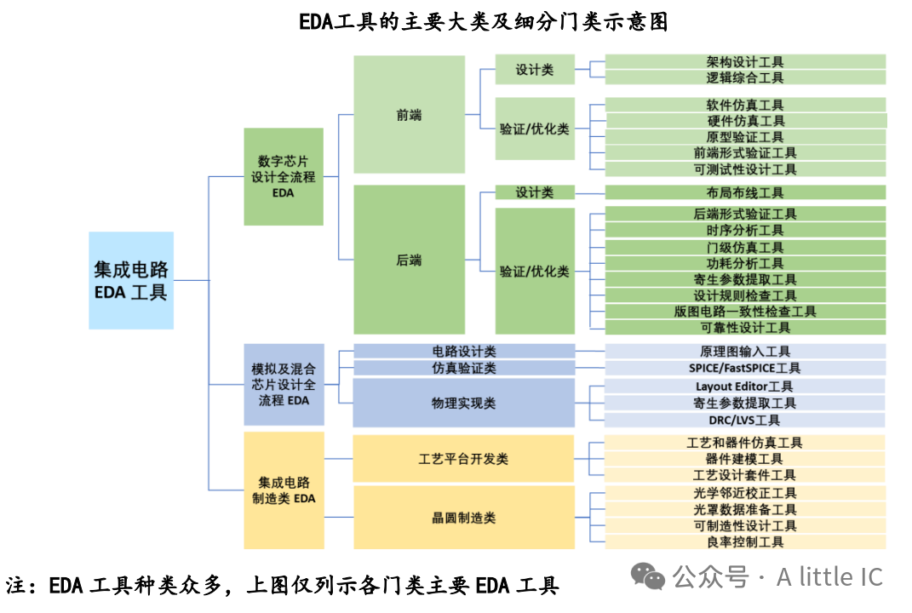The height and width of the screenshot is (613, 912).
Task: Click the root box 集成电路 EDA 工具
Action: (131, 280)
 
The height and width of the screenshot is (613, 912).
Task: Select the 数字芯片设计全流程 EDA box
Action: (284, 176)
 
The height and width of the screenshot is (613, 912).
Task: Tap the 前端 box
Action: (409, 115)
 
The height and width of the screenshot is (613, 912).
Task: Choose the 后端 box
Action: (409, 260)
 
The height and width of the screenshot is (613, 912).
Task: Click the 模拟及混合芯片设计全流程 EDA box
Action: (284, 384)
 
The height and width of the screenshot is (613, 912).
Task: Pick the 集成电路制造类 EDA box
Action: (284, 490)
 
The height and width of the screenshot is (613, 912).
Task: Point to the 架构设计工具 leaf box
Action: (745, 62)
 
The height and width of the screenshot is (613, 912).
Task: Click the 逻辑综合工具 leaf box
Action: (745, 77)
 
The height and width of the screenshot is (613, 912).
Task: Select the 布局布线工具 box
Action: (745, 193)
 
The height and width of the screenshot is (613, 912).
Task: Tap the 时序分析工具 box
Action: (745, 230)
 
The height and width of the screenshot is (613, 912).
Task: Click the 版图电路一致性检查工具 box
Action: (745, 312)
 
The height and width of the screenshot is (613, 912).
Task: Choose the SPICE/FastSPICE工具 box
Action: (745, 368)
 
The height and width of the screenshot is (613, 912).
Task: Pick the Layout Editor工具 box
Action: (745, 386)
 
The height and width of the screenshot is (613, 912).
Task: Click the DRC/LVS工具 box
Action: (745, 420)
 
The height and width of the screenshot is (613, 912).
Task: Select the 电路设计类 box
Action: (464, 351)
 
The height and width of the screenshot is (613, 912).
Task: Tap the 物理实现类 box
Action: (464, 403)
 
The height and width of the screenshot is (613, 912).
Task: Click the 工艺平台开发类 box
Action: (464, 459)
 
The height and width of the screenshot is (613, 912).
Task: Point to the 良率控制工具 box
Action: (745, 541)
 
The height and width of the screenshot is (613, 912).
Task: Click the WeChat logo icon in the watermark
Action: (653, 578)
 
